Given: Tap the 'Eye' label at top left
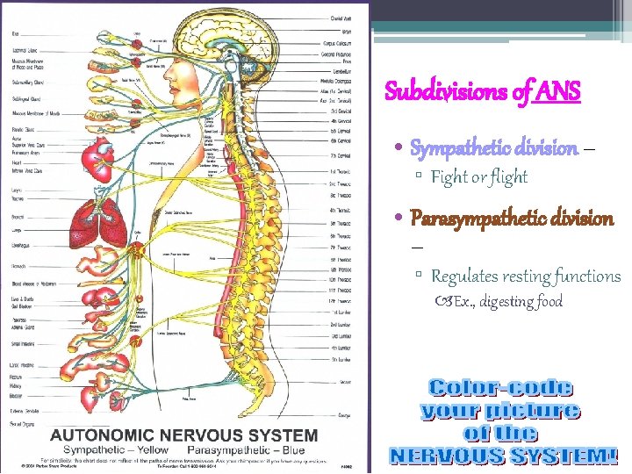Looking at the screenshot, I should (x=15, y=34).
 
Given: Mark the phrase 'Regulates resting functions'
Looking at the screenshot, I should (x=526, y=276).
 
